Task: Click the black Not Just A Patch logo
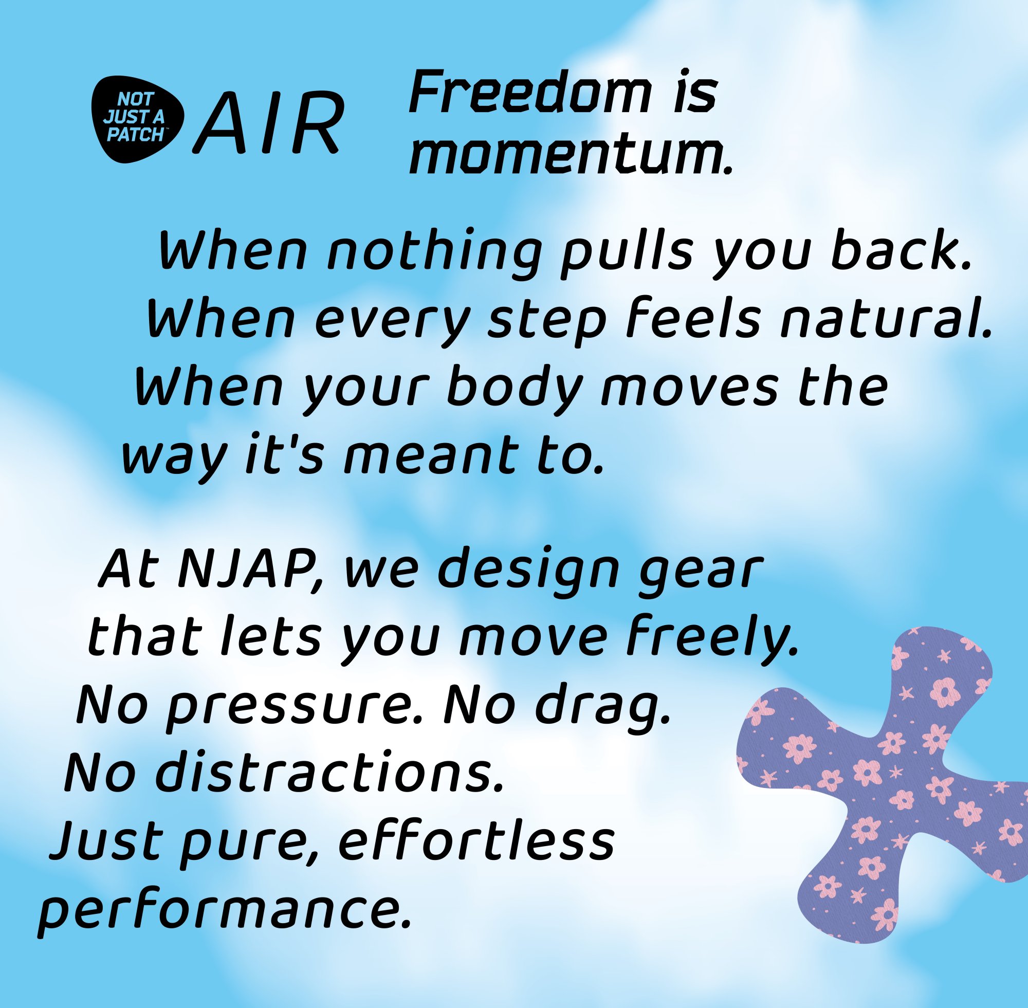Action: click(x=137, y=119)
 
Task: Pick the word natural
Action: click(x=885, y=320)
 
